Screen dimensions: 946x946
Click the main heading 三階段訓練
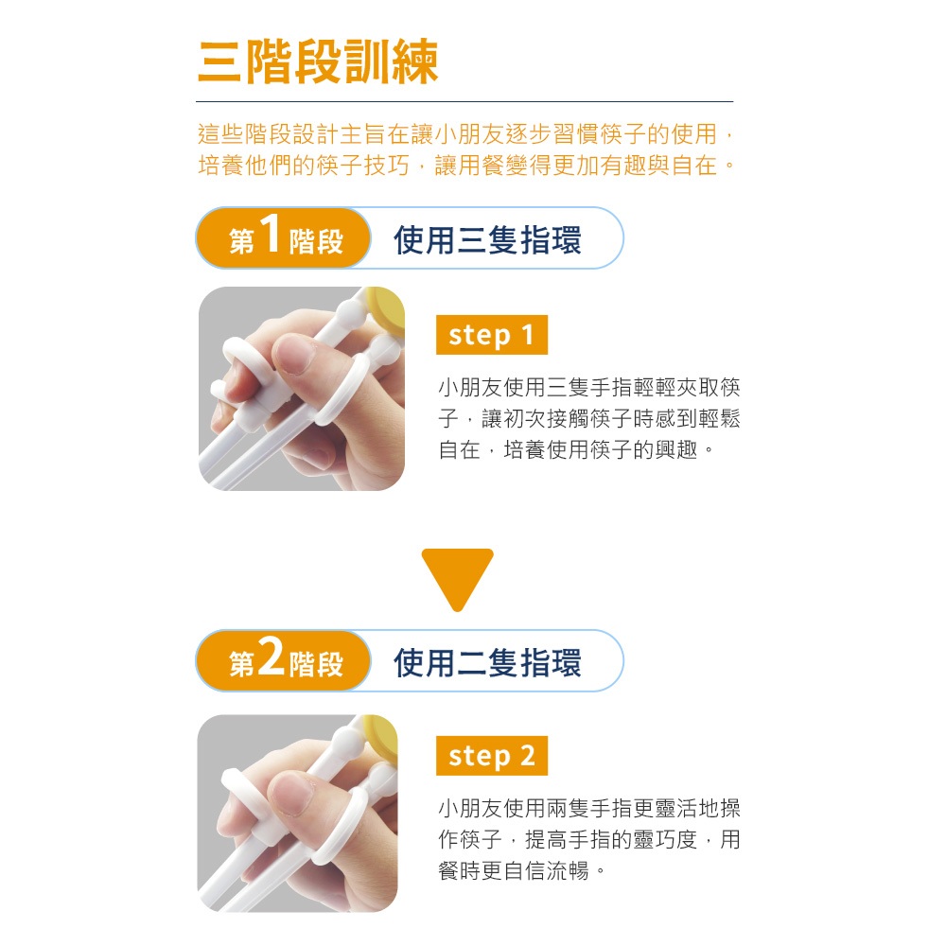point(318,61)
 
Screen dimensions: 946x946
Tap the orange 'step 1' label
point(492,335)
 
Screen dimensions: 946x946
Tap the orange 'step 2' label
point(492,755)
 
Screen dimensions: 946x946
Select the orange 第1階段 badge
point(283,237)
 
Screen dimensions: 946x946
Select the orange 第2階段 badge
point(283,660)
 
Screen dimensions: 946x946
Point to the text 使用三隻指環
point(487,239)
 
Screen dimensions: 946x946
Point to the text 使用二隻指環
point(487,662)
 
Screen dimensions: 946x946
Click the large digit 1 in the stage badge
point(271,233)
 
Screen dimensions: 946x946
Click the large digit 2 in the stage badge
point(271,656)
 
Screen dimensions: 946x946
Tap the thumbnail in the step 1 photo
point(294,355)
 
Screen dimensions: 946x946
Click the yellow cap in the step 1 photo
point(387,310)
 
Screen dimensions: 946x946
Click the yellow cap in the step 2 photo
point(380,737)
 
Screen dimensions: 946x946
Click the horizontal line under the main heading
point(464,101)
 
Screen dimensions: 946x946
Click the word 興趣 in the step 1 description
point(676,449)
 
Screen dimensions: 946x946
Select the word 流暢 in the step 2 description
point(568,870)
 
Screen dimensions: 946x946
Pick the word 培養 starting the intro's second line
point(220,165)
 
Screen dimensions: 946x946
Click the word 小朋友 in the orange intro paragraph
point(469,134)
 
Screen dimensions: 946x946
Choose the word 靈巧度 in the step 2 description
point(665,839)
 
